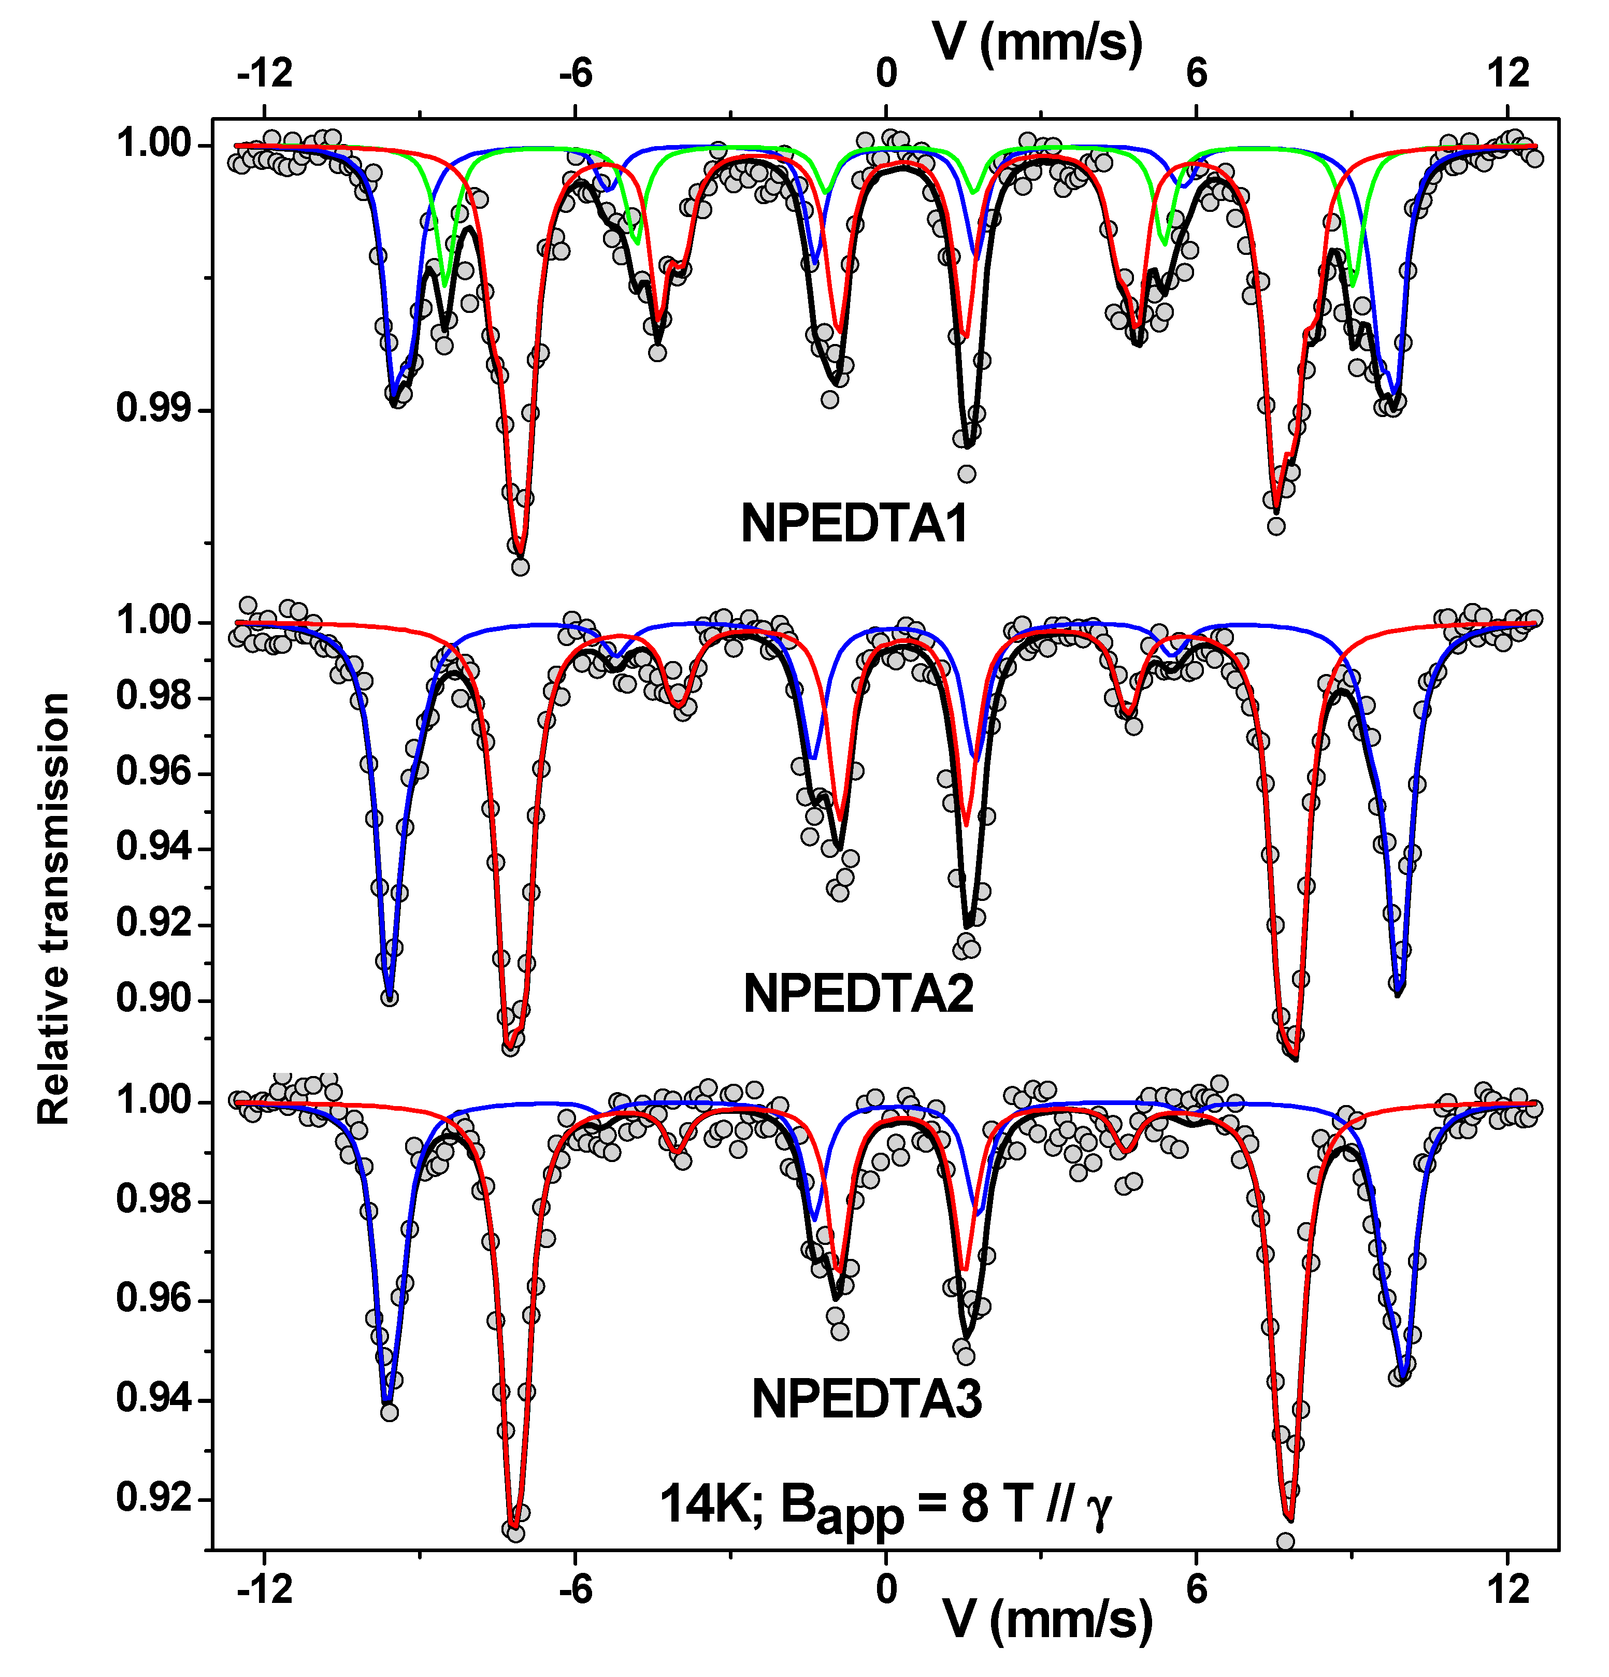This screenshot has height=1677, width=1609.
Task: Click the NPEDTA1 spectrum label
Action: click(x=854, y=524)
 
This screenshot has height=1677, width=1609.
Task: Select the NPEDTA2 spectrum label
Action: click(x=858, y=994)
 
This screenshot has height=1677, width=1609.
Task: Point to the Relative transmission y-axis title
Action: click(x=53, y=909)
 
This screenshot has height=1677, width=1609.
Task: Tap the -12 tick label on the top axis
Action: click(x=265, y=74)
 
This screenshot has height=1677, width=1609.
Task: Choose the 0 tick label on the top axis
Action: click(x=886, y=74)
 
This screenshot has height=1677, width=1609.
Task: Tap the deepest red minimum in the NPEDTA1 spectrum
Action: click(x=519, y=554)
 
